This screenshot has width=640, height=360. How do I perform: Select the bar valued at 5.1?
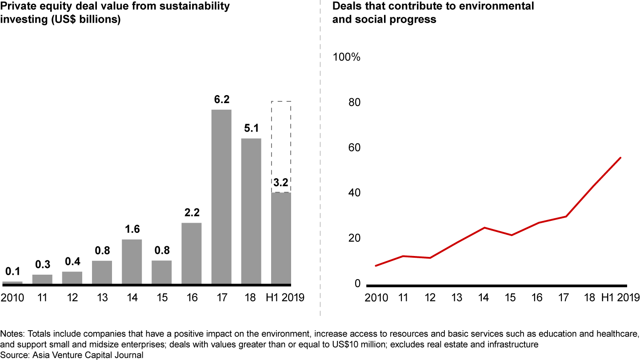pyautogui.click(x=251, y=211)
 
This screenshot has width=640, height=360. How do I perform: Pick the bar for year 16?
pyautogui.click(x=192, y=253)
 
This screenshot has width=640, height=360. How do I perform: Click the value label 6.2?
pyautogui.click(x=221, y=100)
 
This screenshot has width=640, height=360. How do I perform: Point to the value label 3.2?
pyautogui.click(x=281, y=183)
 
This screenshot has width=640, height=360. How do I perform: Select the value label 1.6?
pyautogui.click(x=132, y=229)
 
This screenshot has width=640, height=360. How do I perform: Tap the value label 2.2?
pyautogui.click(x=192, y=213)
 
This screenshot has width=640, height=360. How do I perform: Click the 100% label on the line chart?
pyautogui.click(x=347, y=58)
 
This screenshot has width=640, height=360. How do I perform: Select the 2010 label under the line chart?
pyautogui.click(x=376, y=297)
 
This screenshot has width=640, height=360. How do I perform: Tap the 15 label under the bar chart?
pyautogui.click(x=162, y=297)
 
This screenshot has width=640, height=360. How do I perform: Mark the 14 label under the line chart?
pyautogui.click(x=484, y=297)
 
